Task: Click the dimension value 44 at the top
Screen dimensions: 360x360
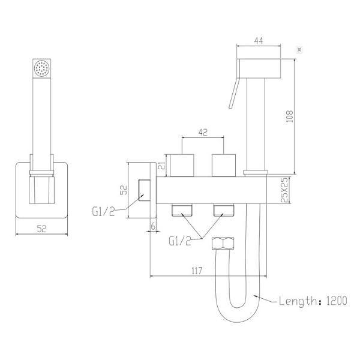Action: click(259, 41)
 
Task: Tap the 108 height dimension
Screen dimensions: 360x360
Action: click(290, 116)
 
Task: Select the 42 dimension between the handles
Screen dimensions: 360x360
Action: click(203, 132)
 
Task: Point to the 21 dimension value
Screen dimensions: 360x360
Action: click(163, 166)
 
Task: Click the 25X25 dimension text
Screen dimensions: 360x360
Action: click(284, 190)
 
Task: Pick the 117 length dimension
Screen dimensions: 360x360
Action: click(197, 271)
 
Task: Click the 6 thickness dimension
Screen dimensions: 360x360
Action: click(153, 226)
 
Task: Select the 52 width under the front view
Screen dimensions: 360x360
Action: click(41, 229)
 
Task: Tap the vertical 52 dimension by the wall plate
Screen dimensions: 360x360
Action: click(124, 190)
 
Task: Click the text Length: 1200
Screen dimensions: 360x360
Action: click(313, 301)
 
